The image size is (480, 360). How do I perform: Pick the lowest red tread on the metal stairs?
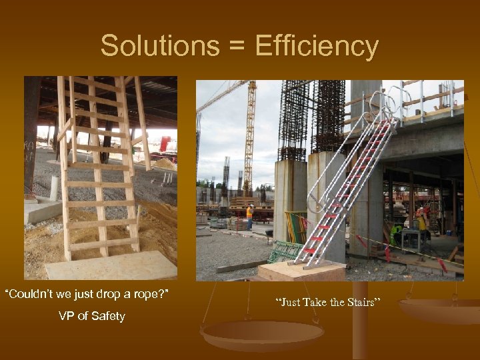309,251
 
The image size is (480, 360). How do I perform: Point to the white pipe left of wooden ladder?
54,188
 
